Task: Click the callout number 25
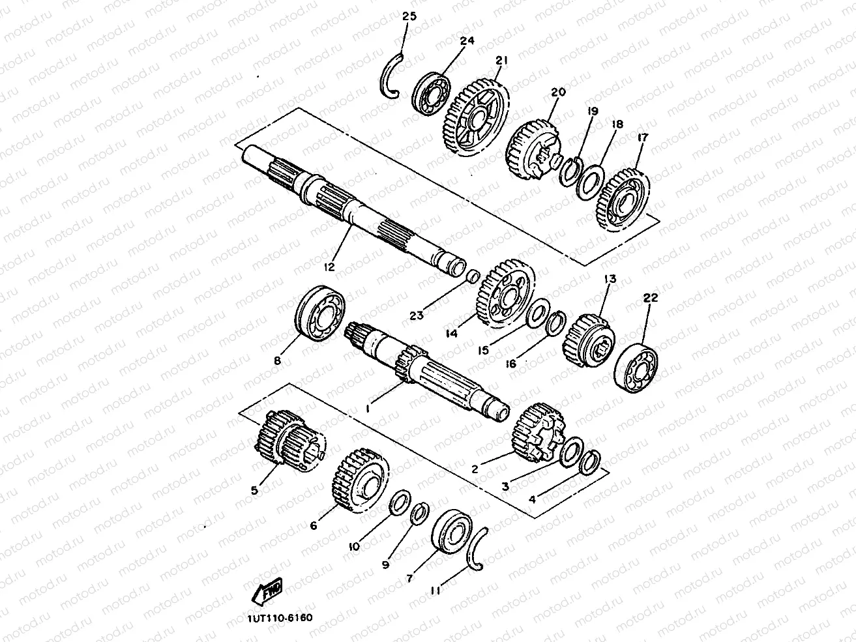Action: click(409, 16)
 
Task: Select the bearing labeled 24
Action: click(431, 94)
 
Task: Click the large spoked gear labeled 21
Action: click(476, 117)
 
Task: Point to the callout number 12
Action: click(329, 267)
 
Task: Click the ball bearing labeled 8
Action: click(321, 314)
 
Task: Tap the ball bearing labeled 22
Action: click(636, 367)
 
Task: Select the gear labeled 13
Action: click(589, 340)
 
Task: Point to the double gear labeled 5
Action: click(291, 441)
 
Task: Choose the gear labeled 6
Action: click(361, 480)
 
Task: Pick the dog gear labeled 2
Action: click(537, 433)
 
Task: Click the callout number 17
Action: click(642, 138)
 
